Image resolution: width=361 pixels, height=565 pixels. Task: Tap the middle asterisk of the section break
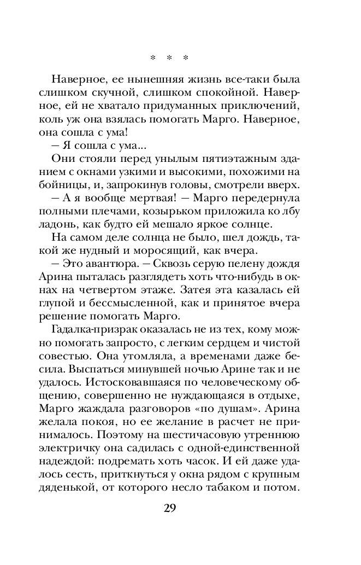169,57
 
